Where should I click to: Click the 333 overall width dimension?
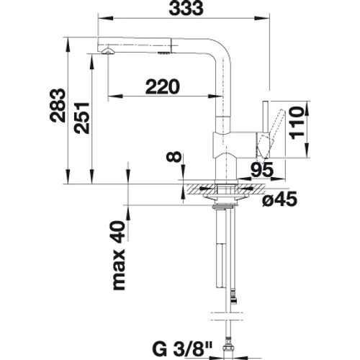coord(186,9)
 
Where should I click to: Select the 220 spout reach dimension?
coord(163,86)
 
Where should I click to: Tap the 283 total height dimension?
coord(58,106)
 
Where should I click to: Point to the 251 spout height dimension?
coord(81,118)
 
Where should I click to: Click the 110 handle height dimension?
coord(297,122)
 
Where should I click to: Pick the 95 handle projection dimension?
coord(262,169)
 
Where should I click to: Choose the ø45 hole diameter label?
coord(280,199)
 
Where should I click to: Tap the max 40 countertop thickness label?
coord(120,256)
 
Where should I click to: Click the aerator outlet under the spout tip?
coord(107,51)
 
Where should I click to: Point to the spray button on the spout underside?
coord(163,53)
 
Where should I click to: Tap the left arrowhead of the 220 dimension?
coord(115,96)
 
